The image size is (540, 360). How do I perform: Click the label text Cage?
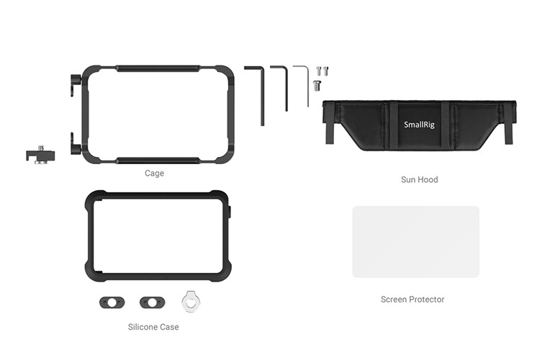point(154,174)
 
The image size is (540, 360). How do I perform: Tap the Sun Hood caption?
point(419,179)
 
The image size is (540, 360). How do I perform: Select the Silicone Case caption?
point(153,327)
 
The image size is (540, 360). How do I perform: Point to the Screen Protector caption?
point(413,299)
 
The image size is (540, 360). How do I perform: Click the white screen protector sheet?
point(415,242)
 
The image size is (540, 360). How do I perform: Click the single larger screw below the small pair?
point(317,86)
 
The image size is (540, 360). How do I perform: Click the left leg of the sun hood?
point(330,133)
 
